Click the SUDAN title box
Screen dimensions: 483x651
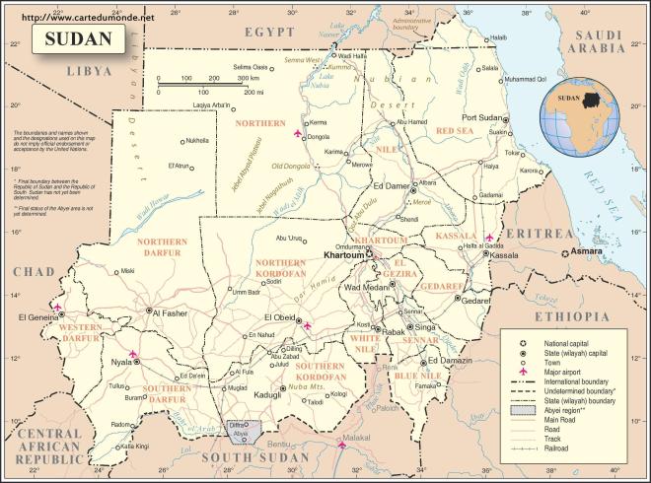pos(78,39)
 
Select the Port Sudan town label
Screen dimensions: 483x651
pos(483,117)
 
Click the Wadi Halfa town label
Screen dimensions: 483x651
pos(351,56)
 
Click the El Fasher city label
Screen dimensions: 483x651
pos(168,312)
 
